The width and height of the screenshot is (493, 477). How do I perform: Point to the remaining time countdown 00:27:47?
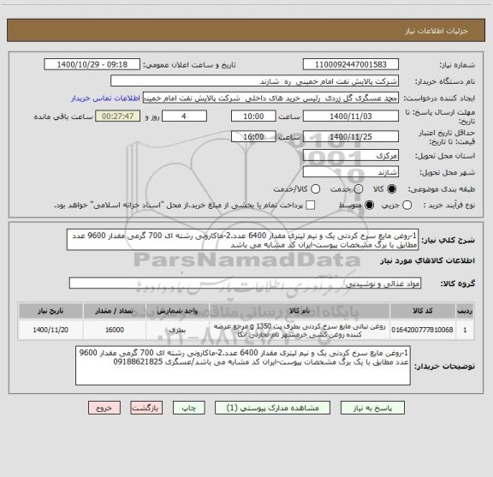coord(119,116)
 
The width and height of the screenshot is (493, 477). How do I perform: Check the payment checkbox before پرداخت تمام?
coord(310,206)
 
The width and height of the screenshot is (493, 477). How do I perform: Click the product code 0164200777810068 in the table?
coord(428,329)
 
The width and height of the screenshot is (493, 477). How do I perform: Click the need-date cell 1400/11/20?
coord(48,329)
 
